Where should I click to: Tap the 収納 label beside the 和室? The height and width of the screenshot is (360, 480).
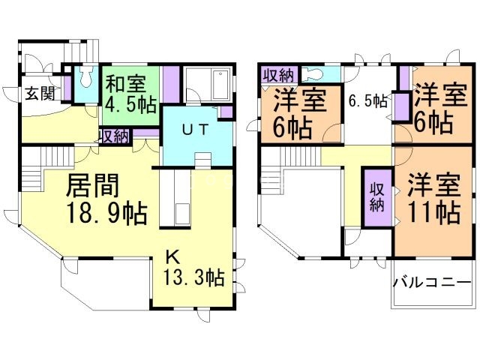click(x=115, y=136)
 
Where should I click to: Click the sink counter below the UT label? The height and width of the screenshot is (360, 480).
click(x=202, y=162)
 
